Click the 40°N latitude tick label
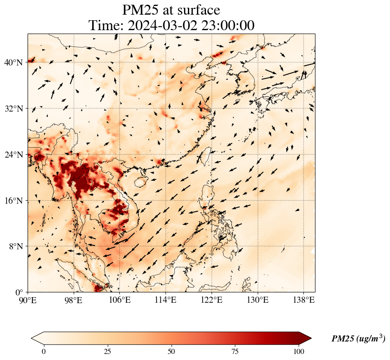(x=13, y=62)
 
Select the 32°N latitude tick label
(x=13, y=109)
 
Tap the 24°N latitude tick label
(x=13, y=155)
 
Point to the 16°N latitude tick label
(x=13, y=201)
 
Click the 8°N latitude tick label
(x=16, y=246)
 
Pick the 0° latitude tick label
(x=19, y=292)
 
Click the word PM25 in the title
(x=140, y=10)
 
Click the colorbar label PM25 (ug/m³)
(x=358, y=339)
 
